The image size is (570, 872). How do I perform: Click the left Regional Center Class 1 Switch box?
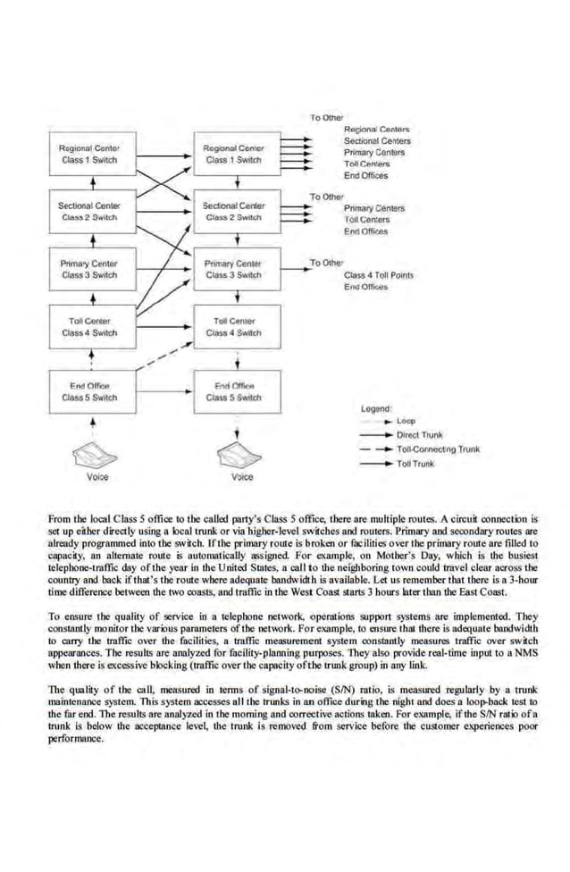pyautogui.click(x=89, y=154)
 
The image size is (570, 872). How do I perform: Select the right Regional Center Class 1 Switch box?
pyautogui.click(x=233, y=154)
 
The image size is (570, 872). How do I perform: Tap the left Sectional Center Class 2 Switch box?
pyautogui.click(x=89, y=212)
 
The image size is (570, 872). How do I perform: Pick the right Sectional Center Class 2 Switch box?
pyautogui.click(x=233, y=212)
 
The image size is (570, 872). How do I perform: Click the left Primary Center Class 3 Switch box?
pyautogui.click(x=89, y=269)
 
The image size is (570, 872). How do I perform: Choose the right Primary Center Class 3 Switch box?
pyautogui.click(x=233, y=269)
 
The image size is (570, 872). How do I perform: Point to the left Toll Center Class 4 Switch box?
pyautogui.click(x=89, y=327)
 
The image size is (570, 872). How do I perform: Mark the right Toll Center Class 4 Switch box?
pyautogui.click(x=233, y=327)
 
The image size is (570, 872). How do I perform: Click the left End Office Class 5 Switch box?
pyautogui.click(x=89, y=391)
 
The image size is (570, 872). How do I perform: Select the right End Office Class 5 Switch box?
pyautogui.click(x=233, y=391)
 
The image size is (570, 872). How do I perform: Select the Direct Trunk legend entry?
pyautogui.click(x=419, y=435)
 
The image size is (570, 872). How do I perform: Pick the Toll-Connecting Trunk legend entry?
pyautogui.click(x=438, y=449)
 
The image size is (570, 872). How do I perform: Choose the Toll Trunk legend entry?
pyautogui.click(x=415, y=464)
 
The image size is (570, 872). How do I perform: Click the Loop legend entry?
pyautogui.click(x=406, y=421)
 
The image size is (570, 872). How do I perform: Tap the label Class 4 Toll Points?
pyautogui.click(x=379, y=275)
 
